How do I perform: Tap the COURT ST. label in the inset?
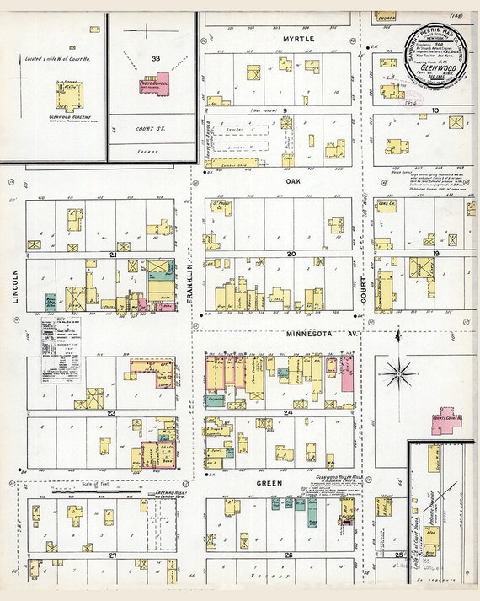(x=152, y=131)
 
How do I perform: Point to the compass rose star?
(x=397, y=371)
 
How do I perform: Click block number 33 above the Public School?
(x=153, y=59)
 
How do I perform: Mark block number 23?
(x=110, y=413)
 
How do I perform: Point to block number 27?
(x=112, y=555)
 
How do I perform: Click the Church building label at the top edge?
(x=387, y=16)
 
